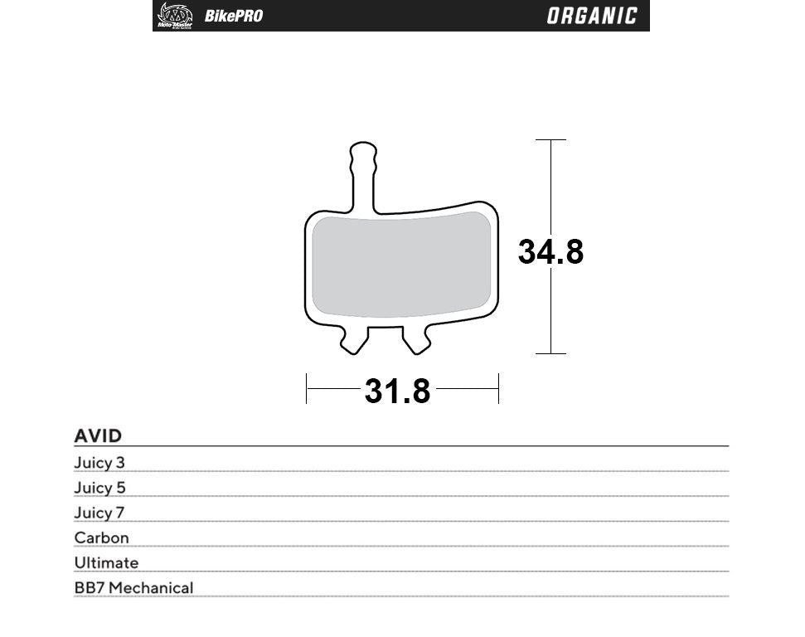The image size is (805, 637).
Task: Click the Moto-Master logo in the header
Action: tap(174, 16)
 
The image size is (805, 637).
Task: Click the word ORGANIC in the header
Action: tap(592, 16)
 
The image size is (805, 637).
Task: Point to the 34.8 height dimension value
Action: tap(550, 251)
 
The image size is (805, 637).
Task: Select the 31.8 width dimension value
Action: tap(398, 391)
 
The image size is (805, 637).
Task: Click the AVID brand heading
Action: tap(98, 435)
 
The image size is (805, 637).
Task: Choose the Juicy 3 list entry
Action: tap(99, 463)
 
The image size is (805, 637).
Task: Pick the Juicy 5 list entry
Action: tap(99, 488)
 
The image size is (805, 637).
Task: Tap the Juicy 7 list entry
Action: tap(99, 513)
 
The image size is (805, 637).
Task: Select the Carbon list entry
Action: tap(102, 537)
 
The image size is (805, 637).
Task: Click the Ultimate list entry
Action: tap(106, 562)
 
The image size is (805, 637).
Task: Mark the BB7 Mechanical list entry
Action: tap(133, 587)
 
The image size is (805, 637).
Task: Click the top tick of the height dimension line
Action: tap(551, 140)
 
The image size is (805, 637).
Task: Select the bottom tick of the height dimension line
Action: tap(551, 353)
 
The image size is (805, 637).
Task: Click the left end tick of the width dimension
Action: tap(307, 388)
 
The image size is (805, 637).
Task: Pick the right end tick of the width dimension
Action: tap(498, 388)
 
